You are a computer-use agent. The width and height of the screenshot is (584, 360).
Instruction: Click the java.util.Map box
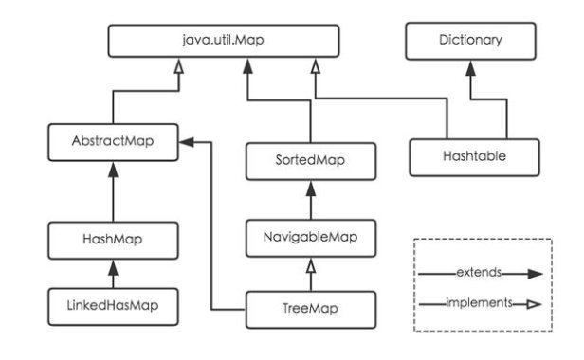(222, 41)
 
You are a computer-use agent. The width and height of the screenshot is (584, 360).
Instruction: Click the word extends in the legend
(477, 273)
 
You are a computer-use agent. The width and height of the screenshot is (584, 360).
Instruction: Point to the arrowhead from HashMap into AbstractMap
(113, 167)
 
